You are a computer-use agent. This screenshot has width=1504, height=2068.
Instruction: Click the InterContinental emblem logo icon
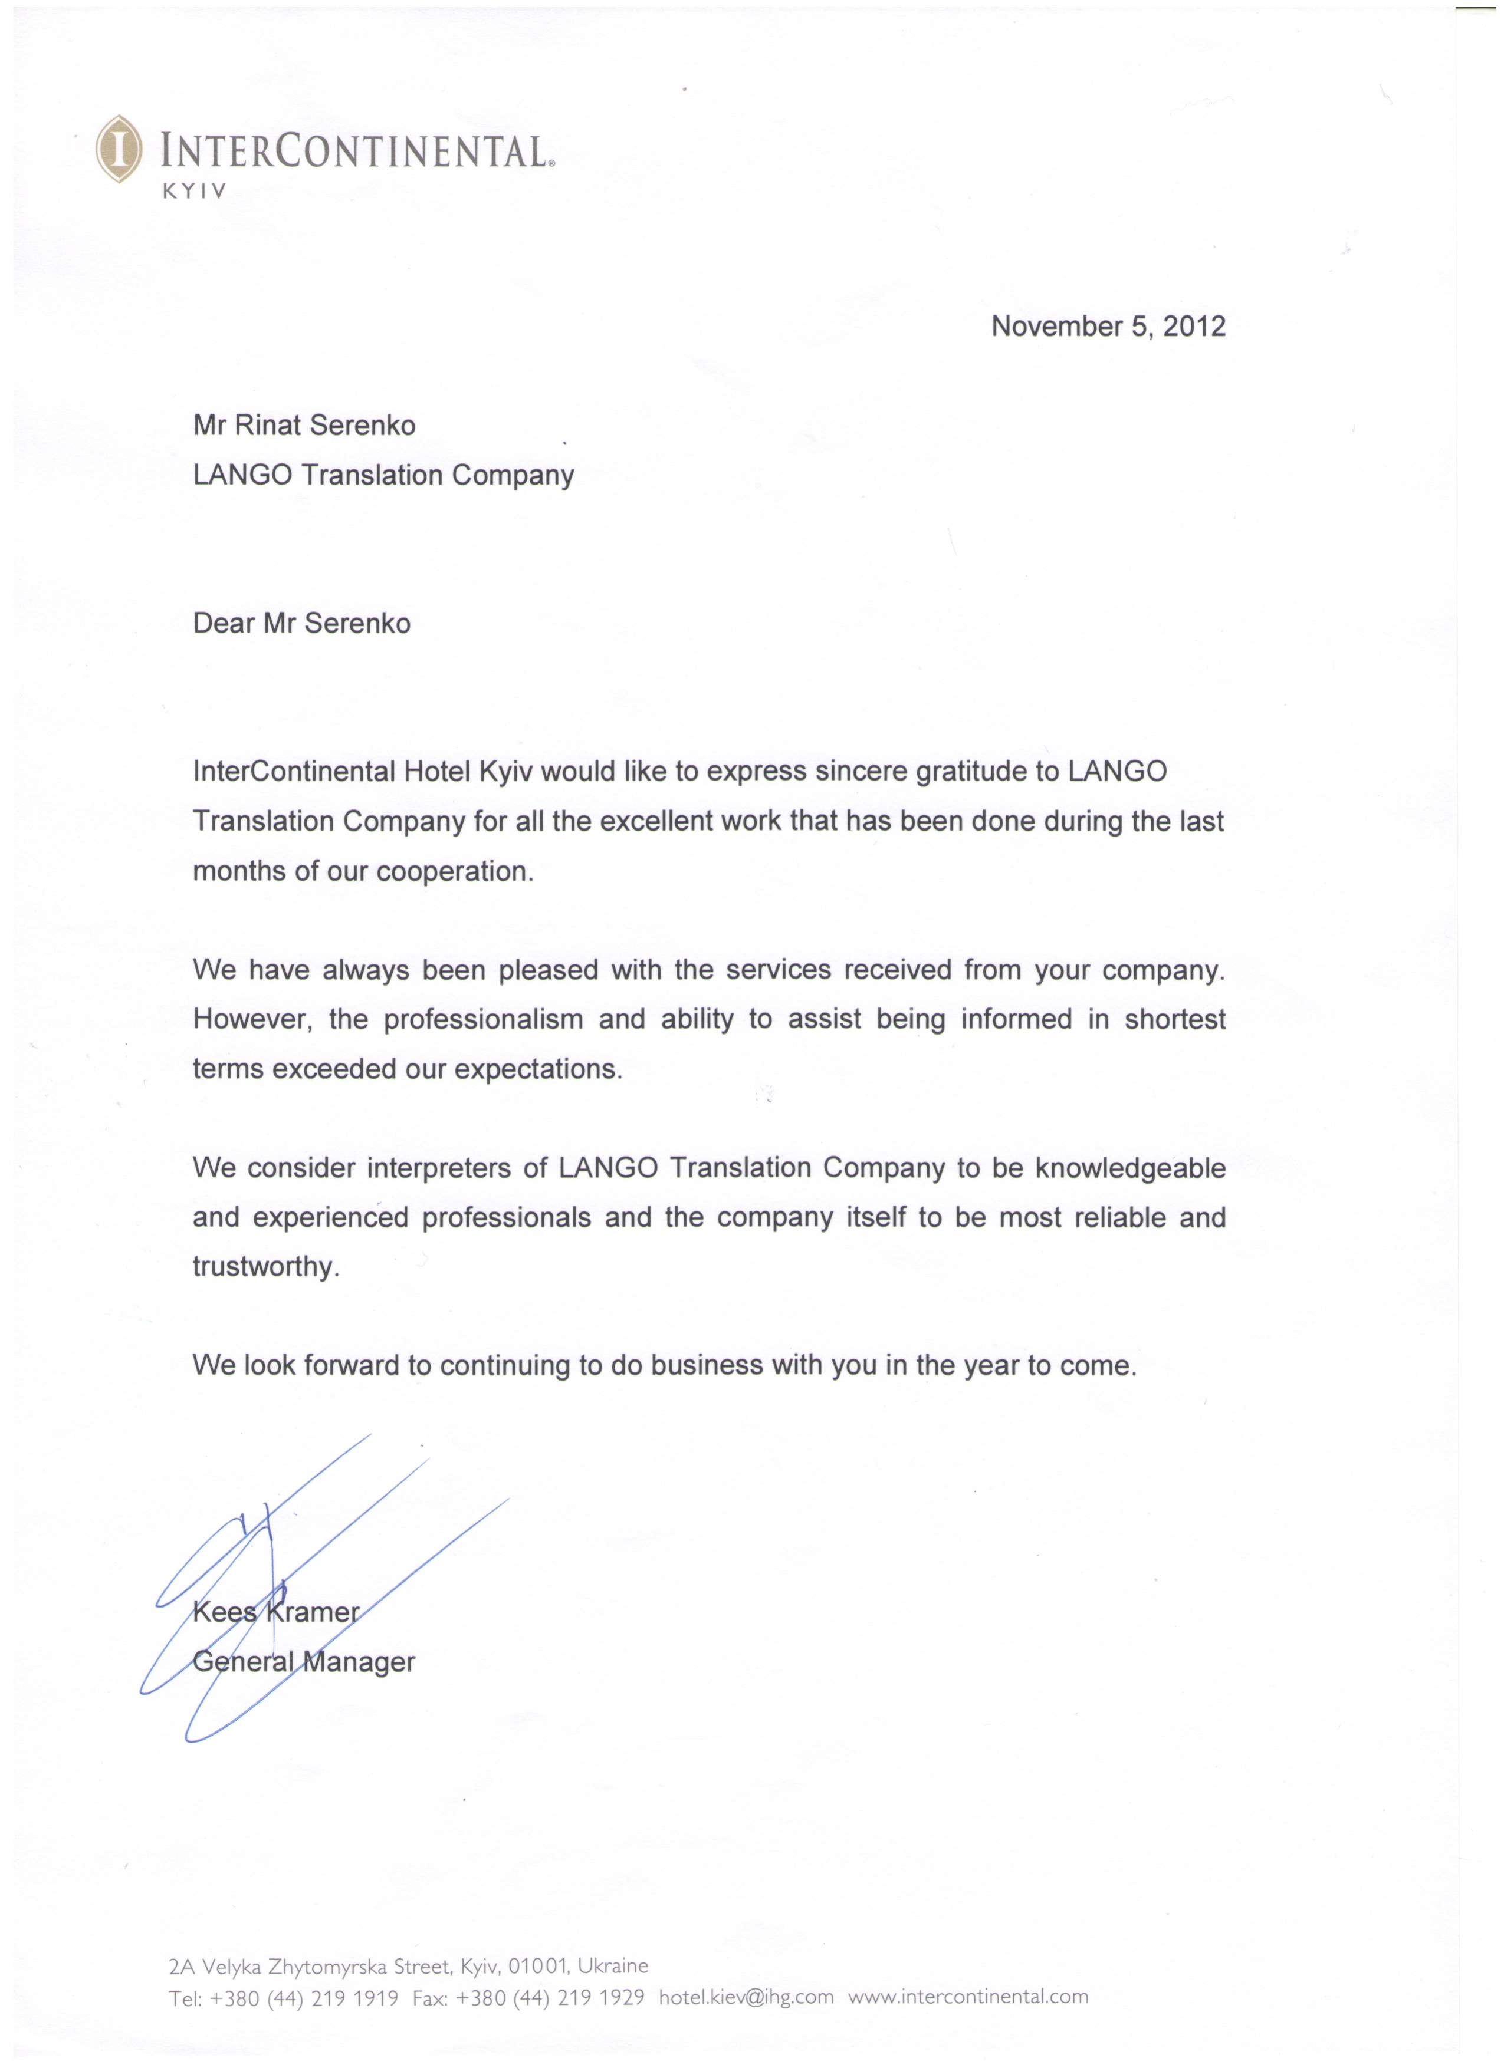click(x=119, y=149)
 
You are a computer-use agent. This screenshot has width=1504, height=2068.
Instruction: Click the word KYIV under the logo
click(x=193, y=192)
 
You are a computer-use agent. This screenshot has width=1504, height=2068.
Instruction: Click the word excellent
click(x=656, y=822)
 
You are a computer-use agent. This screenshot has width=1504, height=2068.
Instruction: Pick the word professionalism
click(x=482, y=1019)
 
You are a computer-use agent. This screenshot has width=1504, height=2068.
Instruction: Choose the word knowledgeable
click(x=1129, y=1169)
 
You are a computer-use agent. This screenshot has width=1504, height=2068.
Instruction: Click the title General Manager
click(x=304, y=1662)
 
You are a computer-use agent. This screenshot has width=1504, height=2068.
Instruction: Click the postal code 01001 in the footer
click(x=538, y=1967)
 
